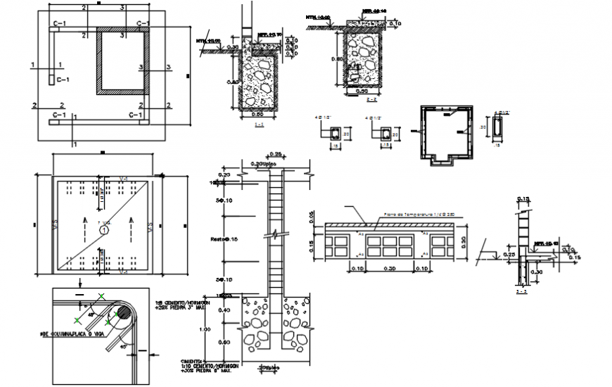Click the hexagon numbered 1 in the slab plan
(x=104, y=229)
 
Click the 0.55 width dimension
(x=260, y=113)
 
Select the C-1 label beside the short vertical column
(x=63, y=80)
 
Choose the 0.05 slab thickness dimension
(x=312, y=219)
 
